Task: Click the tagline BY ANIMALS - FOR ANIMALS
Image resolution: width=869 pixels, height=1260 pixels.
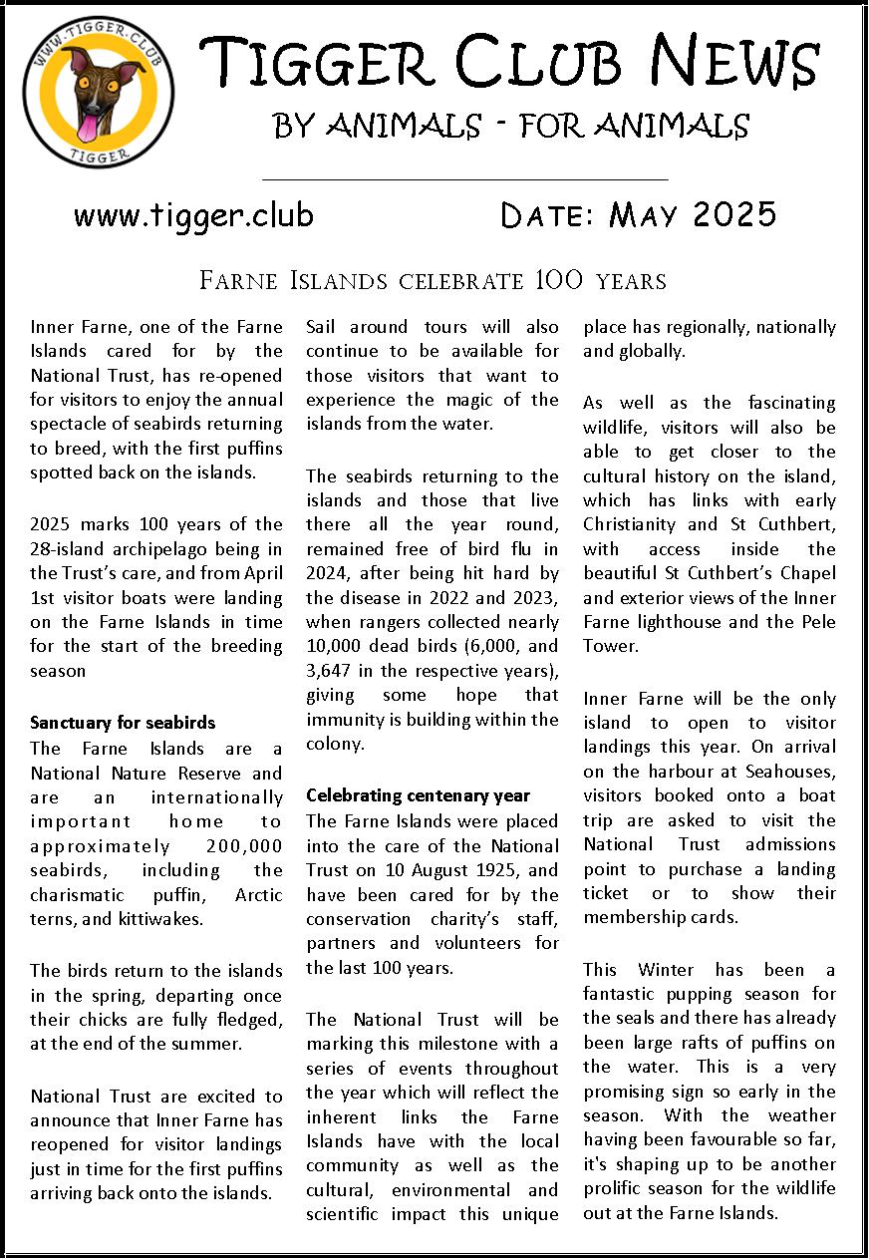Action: click(510, 126)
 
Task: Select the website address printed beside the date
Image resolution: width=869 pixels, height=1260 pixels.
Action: click(193, 214)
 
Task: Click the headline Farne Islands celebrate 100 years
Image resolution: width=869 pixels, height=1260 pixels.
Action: click(434, 280)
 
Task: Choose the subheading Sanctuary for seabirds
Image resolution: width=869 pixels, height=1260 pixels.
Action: click(123, 723)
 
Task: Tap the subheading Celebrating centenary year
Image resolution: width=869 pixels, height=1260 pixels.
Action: click(418, 795)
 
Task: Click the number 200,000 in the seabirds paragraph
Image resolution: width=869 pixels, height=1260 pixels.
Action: click(236, 845)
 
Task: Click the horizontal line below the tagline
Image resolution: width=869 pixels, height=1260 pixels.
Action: click(464, 180)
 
